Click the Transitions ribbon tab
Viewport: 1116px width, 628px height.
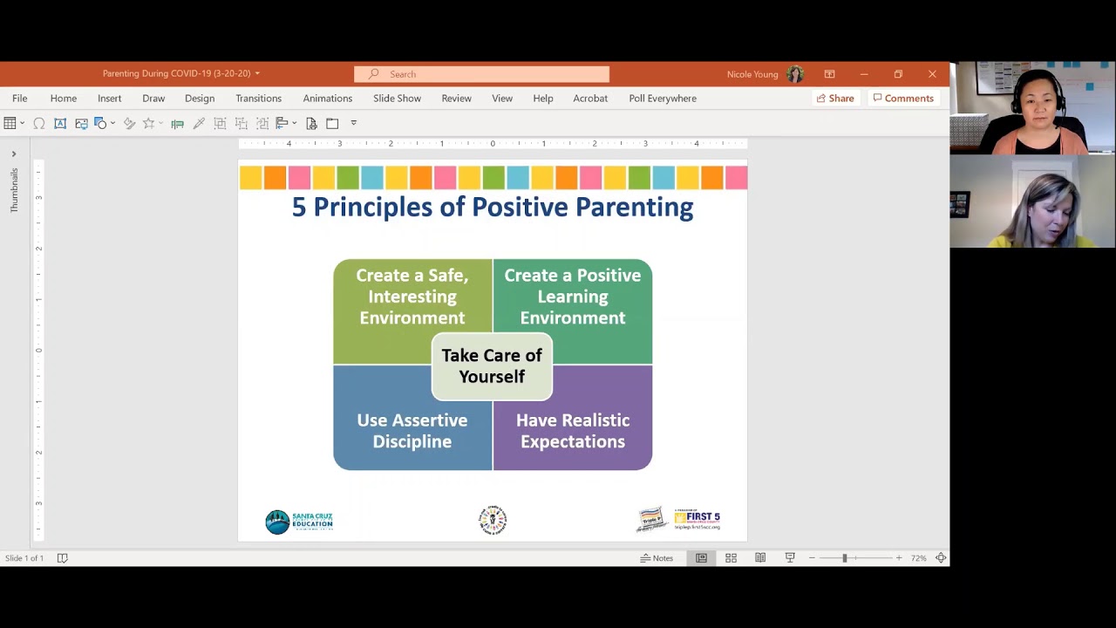pyautogui.click(x=258, y=99)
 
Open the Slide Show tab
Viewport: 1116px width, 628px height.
pyautogui.click(x=397, y=99)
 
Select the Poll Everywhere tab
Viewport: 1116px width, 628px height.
pyautogui.click(x=663, y=99)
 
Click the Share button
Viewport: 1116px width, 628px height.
pyautogui.click(x=834, y=99)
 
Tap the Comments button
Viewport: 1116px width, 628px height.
pyautogui.click(x=903, y=99)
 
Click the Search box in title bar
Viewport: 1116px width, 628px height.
pyautogui.click(x=481, y=74)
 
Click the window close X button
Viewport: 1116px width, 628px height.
pyautogui.click(x=932, y=74)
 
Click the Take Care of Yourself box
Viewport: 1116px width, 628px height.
pyautogui.click(x=492, y=366)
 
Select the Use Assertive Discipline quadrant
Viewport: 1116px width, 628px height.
pyautogui.click(x=412, y=431)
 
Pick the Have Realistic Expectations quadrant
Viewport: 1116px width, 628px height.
pyautogui.click(x=573, y=431)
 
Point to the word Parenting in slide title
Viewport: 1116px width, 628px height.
pyautogui.click(x=634, y=208)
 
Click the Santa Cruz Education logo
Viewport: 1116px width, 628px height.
pyautogui.click(x=299, y=522)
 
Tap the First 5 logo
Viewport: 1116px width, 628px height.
pyautogui.click(x=697, y=520)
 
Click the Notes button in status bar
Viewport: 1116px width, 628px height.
pyautogui.click(x=657, y=558)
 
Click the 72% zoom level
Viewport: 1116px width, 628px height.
pyautogui.click(x=918, y=558)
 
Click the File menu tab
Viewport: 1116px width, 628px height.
pyautogui.click(x=19, y=99)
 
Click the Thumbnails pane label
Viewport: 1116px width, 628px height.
pyautogui.click(x=14, y=190)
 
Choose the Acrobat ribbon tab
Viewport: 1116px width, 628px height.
pyautogui.click(x=590, y=99)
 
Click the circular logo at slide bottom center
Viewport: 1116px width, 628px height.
pyautogui.click(x=493, y=520)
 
